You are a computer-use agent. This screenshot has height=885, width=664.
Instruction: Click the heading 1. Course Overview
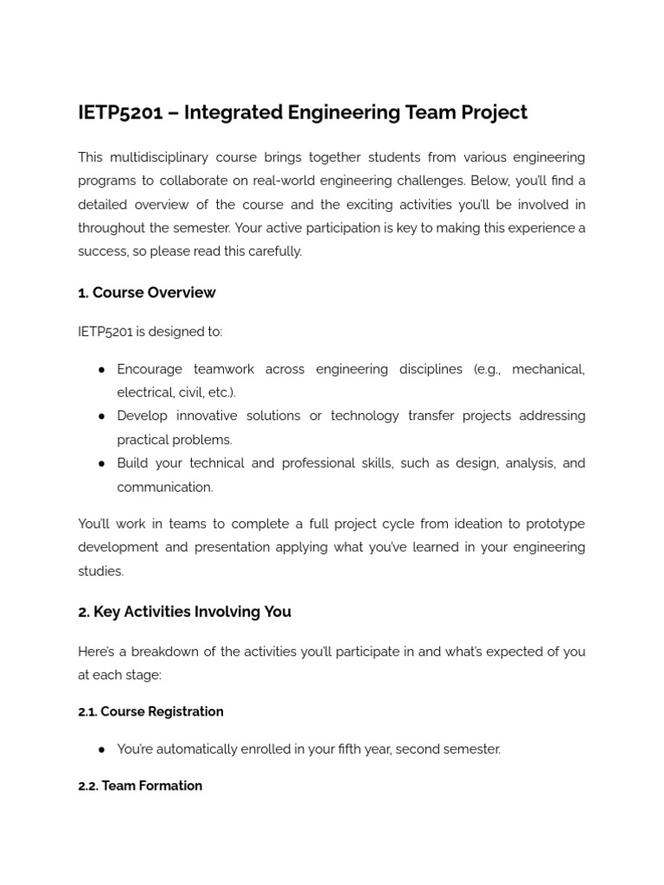[x=146, y=293]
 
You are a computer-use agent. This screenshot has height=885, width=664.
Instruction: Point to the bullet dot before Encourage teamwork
[x=102, y=369]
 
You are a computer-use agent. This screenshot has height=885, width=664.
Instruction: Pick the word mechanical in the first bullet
[x=547, y=369]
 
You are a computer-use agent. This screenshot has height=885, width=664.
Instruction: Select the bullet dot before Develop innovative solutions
[x=102, y=416]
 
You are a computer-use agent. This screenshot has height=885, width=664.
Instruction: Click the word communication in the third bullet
[x=164, y=487]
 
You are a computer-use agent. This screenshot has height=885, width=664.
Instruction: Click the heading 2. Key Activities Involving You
[x=184, y=612]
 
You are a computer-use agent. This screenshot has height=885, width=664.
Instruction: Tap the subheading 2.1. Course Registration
[x=150, y=712]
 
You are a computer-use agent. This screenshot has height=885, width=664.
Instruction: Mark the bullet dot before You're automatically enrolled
[x=102, y=749]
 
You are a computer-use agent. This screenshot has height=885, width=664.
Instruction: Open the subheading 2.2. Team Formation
[x=140, y=786]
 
